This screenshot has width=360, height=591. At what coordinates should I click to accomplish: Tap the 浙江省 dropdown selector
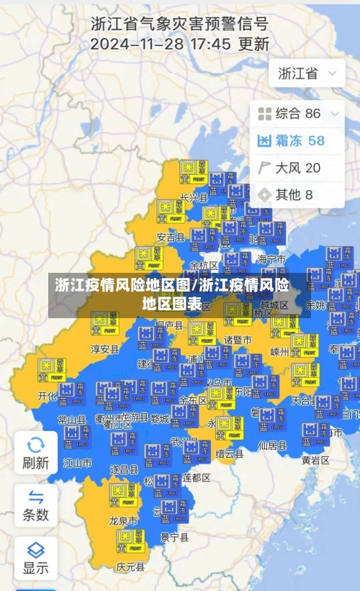pos(307,73)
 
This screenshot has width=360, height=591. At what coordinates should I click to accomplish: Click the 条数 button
pos(35,505)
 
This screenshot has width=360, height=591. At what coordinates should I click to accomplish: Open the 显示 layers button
pos(35,558)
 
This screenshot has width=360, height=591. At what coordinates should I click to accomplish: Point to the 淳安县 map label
pos(104,349)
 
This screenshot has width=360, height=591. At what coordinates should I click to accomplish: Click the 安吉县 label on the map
pos(171,237)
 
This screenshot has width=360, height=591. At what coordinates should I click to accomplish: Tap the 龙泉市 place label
pos(123,520)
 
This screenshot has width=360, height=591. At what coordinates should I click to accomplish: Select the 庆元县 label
pos(130,567)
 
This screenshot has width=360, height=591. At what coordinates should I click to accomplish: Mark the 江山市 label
pos(78,463)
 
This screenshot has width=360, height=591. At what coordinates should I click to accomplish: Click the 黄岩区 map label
pos(315,460)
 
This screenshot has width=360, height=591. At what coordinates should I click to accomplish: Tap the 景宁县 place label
pos(174,537)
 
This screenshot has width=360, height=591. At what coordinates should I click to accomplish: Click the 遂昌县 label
pos(124,469)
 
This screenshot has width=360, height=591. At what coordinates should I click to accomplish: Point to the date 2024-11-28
pos(135,44)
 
